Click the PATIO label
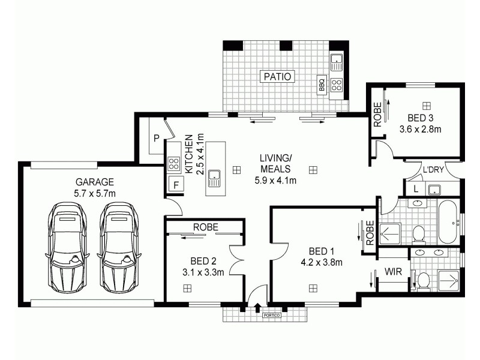tap(277, 76)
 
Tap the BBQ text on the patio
tap(322, 85)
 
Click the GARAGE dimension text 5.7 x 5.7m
tap(95, 193)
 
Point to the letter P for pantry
tap(156, 138)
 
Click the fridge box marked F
tap(175, 185)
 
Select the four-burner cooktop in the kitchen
tap(174, 163)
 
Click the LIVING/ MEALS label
tap(275, 163)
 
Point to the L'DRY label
tap(433, 170)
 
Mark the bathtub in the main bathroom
tap(448, 223)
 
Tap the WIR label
tap(393, 272)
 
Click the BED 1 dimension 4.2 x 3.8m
tap(321, 262)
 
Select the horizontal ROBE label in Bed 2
tap(205, 227)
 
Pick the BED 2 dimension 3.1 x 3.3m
tap(204, 272)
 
